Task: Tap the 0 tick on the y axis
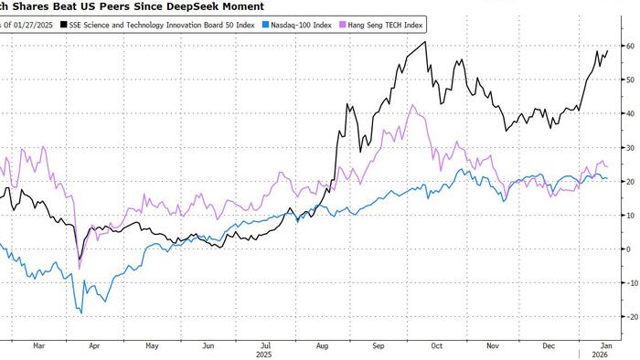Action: (x=626, y=249)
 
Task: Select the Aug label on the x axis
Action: (x=321, y=345)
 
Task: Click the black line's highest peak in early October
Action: (x=425, y=43)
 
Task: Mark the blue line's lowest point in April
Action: (x=81, y=313)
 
